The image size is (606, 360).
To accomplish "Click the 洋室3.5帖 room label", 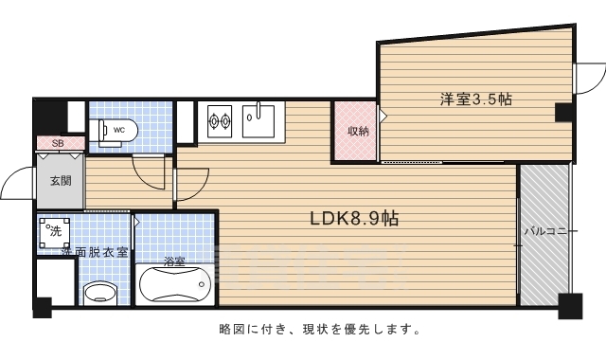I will [x=475, y=99].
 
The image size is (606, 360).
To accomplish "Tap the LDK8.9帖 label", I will [x=354, y=218].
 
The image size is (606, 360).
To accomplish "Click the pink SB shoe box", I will [x=58, y=143].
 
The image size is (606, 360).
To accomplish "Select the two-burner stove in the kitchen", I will [x=220, y=120].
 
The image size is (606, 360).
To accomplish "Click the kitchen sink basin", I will [x=257, y=119].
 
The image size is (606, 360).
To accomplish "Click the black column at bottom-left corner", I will [x=42, y=307].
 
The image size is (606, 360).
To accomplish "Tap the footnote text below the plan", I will [x=313, y=331].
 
